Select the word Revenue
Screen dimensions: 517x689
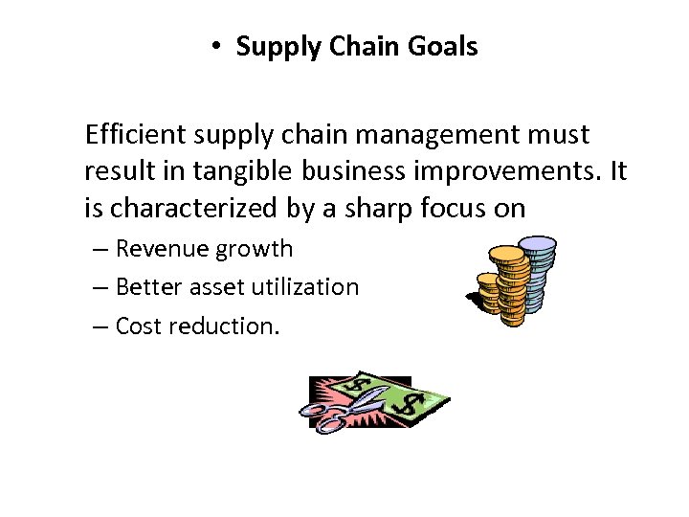162,249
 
